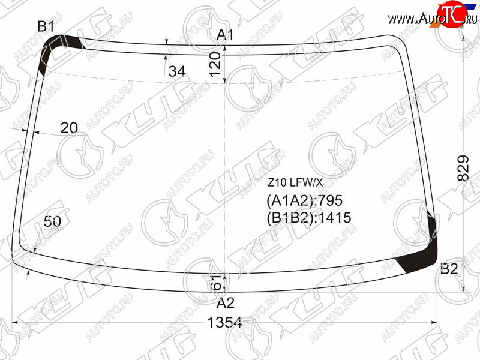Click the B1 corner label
point(46,26)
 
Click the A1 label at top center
point(225,35)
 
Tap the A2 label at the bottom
point(226,303)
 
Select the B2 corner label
point(449,268)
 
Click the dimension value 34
point(177,71)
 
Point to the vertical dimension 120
point(215,64)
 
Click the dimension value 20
point(69,128)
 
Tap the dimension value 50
point(52,221)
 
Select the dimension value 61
point(216,282)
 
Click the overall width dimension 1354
point(224,322)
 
